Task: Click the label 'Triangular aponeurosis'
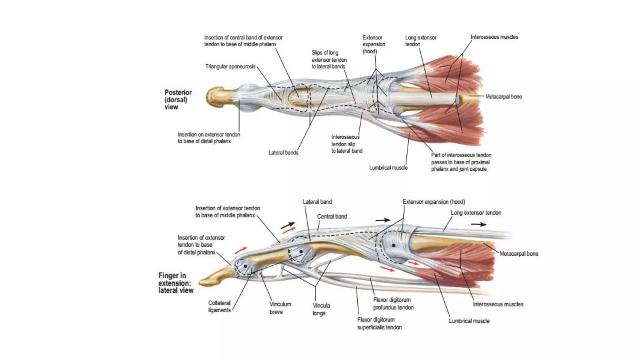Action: [x=230, y=67]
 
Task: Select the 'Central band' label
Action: [x=332, y=217]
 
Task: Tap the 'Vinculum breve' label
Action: [x=280, y=308]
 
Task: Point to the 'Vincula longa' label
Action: [x=321, y=309]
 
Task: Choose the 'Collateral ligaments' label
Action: [x=219, y=307]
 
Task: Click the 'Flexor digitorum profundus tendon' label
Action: [x=393, y=304]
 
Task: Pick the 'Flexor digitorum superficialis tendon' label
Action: [x=379, y=323]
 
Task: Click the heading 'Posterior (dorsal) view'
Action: [x=178, y=100]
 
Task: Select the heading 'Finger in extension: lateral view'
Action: [x=176, y=283]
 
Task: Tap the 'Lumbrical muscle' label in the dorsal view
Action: [x=388, y=168]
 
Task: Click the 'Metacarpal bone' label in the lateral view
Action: [x=519, y=254]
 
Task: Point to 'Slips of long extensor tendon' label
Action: [x=329, y=60]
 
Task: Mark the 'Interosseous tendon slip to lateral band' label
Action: [x=347, y=144]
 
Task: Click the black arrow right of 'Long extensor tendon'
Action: [x=478, y=224]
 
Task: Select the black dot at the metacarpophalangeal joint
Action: [x=393, y=245]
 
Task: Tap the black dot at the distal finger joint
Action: [x=246, y=266]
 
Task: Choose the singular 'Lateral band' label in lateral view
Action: [x=317, y=202]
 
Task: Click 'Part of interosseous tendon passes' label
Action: [x=461, y=162]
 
